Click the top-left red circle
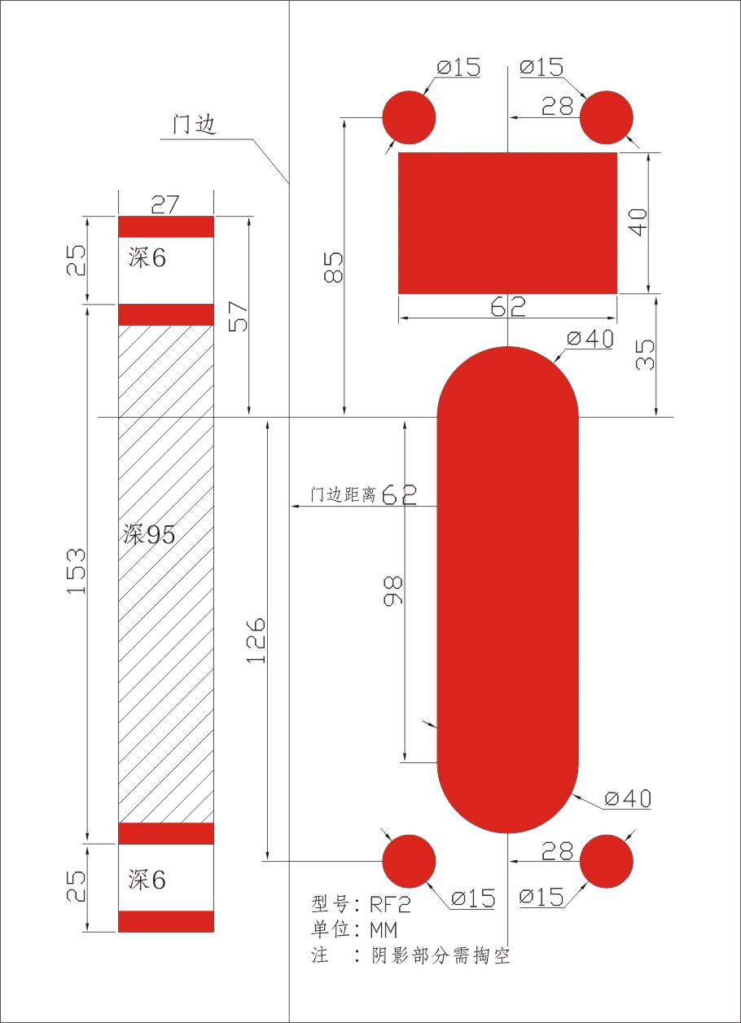click(409, 117)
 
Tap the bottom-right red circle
click(607, 861)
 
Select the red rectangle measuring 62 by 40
click(507, 222)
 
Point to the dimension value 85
click(333, 266)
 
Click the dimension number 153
click(77, 571)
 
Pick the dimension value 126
click(256, 640)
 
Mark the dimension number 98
click(393, 593)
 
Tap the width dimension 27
click(165, 204)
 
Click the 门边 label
click(195, 125)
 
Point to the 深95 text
click(149, 535)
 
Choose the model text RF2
click(390, 904)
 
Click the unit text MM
click(383, 929)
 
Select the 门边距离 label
click(343, 494)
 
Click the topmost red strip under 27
click(166, 226)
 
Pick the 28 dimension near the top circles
click(557, 107)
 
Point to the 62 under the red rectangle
click(507, 307)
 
